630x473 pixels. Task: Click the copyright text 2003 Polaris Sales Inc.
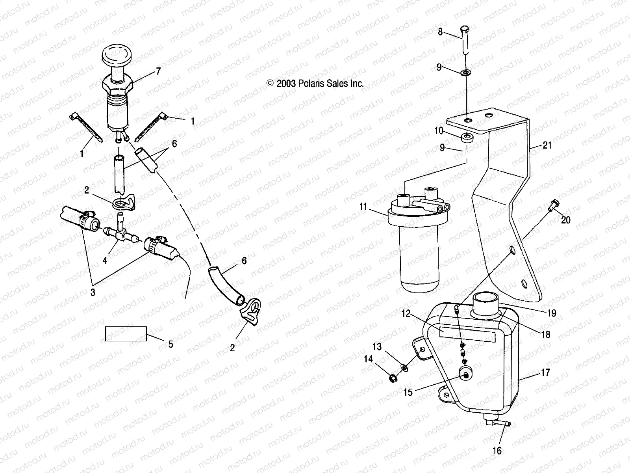pos(315,84)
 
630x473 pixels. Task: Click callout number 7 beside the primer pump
pos(158,71)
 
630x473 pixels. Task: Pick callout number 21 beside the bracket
pos(547,145)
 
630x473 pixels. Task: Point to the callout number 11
pos(363,206)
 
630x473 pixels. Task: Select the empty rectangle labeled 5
pos(126,333)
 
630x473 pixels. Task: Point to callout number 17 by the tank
pos(545,372)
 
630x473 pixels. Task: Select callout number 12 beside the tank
pos(406,314)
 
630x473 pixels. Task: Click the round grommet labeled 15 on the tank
pos(466,375)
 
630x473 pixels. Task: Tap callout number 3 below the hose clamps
pos(93,292)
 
